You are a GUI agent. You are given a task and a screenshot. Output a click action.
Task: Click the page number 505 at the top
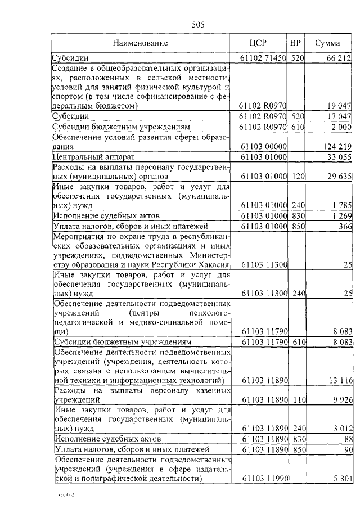click(x=197, y=24)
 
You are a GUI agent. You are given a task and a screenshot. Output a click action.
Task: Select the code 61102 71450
click(x=263, y=57)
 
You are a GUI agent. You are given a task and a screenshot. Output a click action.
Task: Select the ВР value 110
click(x=297, y=400)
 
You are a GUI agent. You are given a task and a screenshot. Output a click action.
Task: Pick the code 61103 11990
click(x=263, y=479)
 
